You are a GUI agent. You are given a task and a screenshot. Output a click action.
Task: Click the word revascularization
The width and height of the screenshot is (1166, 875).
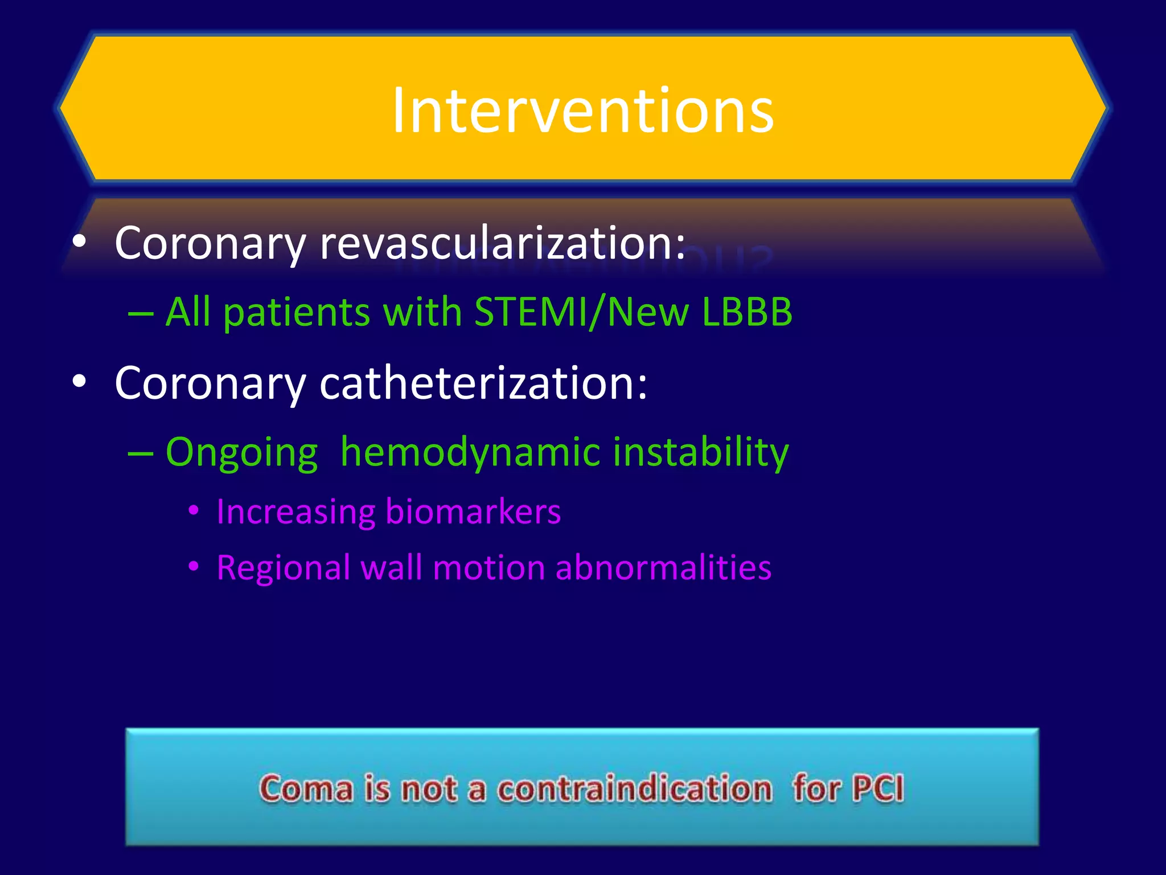click(x=503, y=243)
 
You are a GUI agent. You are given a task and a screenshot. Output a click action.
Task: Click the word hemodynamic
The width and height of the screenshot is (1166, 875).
click(x=470, y=452)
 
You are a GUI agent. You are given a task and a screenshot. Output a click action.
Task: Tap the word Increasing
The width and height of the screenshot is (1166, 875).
click(x=295, y=512)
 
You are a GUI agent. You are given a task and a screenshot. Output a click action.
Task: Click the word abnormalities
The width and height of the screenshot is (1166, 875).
click(x=663, y=568)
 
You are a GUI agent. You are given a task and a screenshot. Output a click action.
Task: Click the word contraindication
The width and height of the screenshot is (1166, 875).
click(x=635, y=789)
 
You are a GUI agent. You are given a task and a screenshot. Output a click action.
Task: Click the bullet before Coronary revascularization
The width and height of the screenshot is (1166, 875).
click(x=79, y=242)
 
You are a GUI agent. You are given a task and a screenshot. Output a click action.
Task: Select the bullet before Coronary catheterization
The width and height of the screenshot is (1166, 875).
click(x=79, y=382)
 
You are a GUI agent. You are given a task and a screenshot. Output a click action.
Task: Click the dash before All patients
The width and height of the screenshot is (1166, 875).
click(x=141, y=314)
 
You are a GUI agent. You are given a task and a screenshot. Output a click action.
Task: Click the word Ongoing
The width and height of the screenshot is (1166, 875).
click(x=241, y=453)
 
